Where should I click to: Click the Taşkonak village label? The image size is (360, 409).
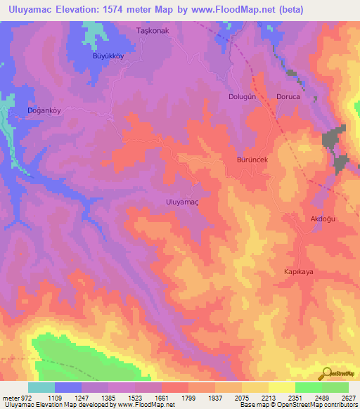153,31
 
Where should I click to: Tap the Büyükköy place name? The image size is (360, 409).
108,56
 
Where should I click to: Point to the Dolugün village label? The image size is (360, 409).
243,96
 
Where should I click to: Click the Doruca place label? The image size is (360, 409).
288,96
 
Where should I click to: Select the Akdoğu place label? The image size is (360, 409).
324,219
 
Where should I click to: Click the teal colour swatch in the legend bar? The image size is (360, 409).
41,387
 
